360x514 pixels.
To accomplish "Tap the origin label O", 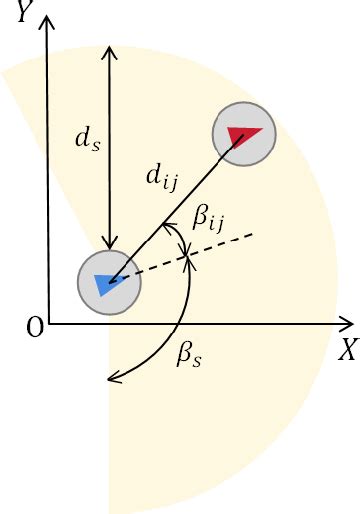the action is [35, 329].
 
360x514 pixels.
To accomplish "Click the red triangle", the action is [243, 134].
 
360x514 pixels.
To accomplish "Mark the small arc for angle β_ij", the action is [182, 240].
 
